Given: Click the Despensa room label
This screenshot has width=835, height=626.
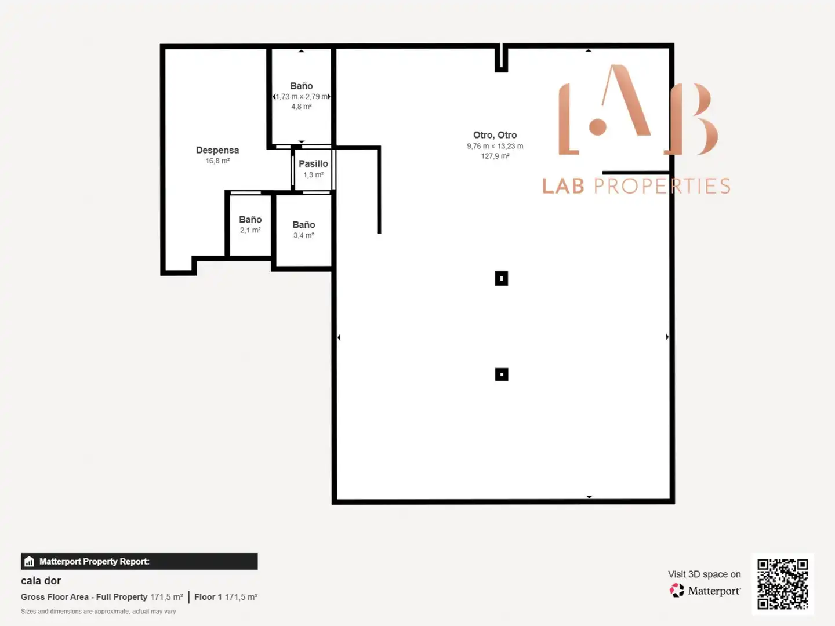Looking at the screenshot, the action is (217, 151).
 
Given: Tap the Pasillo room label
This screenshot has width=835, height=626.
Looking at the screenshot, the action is (313, 164).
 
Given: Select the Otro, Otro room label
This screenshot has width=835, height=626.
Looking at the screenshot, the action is (495, 135).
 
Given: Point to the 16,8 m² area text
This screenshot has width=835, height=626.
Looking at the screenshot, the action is (217, 161).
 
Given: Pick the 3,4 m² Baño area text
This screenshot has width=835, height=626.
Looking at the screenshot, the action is (304, 236).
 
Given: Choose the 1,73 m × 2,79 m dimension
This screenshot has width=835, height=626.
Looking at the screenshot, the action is (302, 97).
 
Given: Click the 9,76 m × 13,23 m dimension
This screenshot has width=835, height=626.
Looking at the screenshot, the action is (495, 146).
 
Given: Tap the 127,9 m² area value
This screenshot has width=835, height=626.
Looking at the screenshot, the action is (495, 156).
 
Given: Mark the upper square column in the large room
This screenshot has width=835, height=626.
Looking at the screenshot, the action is (502, 278).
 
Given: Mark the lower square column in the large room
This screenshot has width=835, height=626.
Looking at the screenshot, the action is (502, 374).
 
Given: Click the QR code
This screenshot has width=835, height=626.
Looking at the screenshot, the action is (782, 584).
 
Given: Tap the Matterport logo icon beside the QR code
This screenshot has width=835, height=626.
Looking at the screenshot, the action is (677, 590).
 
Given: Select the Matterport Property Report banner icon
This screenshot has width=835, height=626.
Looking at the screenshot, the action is (30, 562).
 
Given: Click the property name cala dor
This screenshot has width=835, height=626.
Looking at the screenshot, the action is (41, 581).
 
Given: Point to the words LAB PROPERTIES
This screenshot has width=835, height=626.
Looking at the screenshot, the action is (636, 186).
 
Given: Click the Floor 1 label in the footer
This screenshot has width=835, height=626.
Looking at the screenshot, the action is (208, 597).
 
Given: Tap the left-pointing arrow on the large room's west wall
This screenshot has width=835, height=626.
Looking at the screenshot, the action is (339, 337).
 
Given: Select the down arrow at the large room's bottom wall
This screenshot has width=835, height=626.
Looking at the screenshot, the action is (589, 497).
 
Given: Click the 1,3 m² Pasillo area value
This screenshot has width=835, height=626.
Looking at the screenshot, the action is (313, 175).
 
